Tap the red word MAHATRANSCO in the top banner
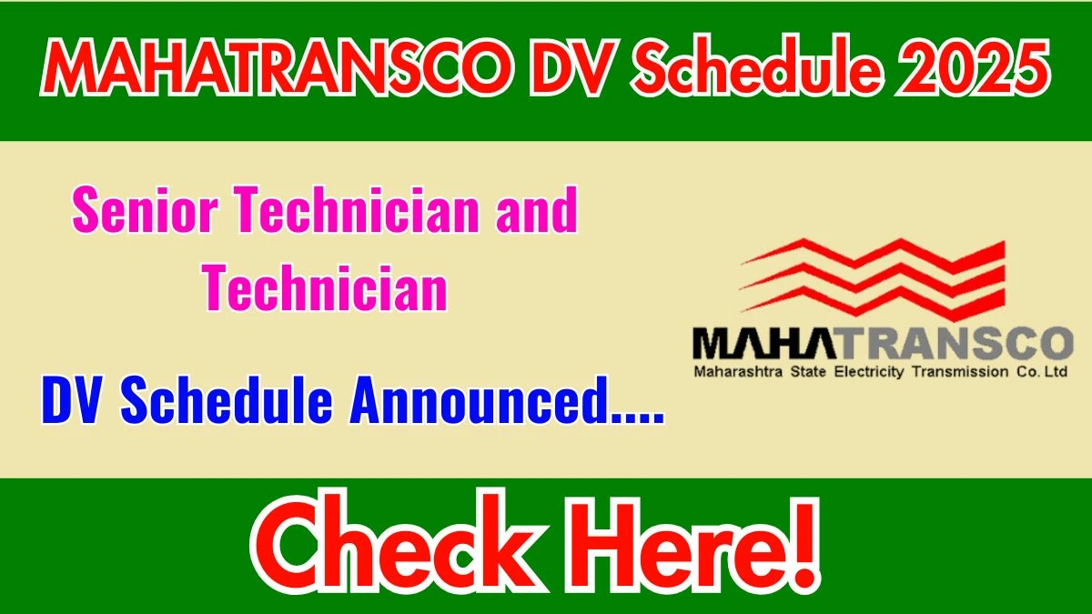[277, 67]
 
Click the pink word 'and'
[537, 210]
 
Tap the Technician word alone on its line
[325, 287]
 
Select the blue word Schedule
[227, 400]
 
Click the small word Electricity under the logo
[869, 372]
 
